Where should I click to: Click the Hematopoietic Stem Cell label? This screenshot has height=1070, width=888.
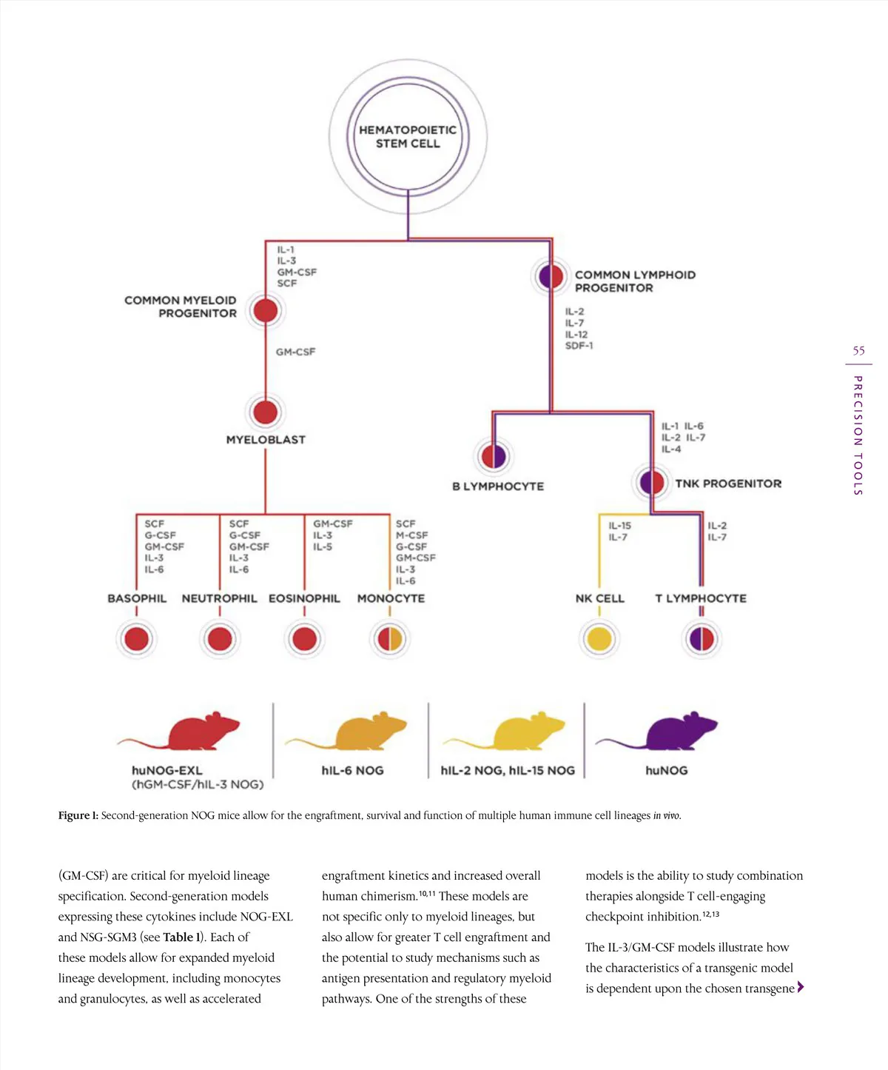408,137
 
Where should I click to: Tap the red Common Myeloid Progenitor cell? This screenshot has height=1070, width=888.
265,310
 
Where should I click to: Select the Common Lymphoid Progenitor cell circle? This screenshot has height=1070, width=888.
551,276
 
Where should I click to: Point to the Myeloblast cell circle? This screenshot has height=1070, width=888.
265,412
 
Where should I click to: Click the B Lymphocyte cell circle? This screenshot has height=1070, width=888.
494,455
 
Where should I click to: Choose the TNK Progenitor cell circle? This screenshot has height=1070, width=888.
652,483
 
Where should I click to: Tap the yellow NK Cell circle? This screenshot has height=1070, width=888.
599,638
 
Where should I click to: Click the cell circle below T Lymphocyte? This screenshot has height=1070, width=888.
702,638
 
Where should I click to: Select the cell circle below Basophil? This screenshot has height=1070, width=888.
137,638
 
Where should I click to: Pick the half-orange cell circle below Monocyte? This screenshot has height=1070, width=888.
390,638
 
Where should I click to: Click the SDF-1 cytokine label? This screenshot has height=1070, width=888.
579,346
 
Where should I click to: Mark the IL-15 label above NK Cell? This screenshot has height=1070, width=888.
620,526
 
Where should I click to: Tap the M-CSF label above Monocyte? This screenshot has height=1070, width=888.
412,535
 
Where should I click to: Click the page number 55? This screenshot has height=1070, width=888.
858,351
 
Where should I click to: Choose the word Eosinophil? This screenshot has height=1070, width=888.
304,598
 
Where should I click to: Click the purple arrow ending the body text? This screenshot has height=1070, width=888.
801,987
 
